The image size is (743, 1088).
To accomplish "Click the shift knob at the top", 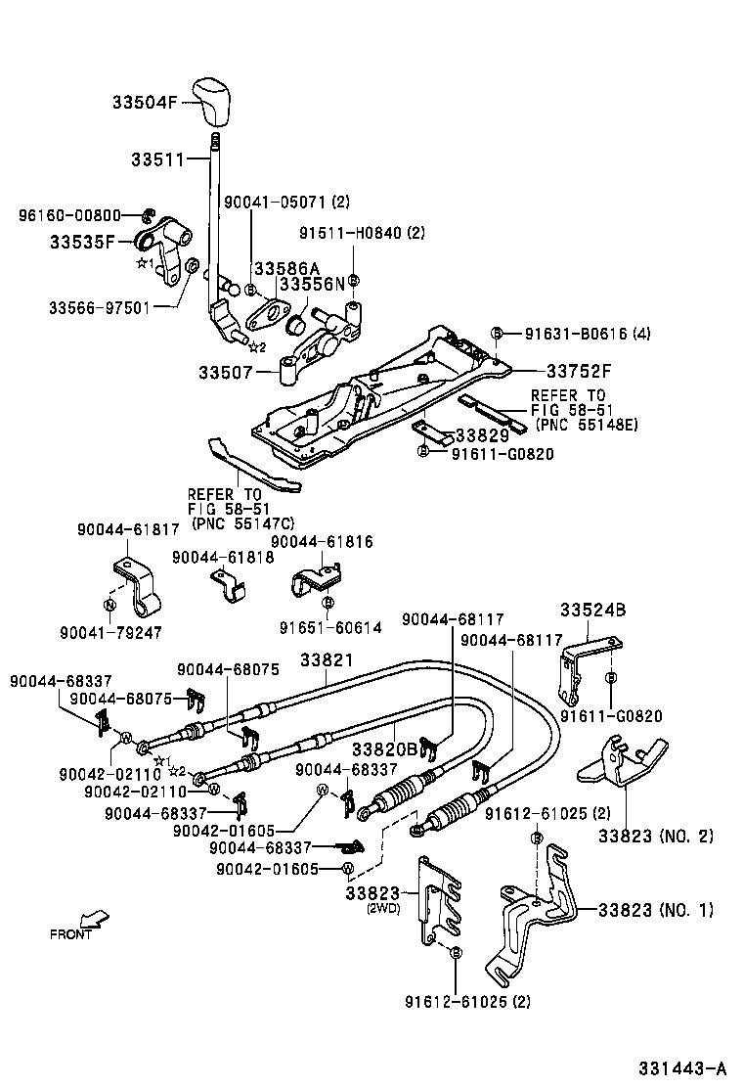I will pyautogui.click(x=216, y=101).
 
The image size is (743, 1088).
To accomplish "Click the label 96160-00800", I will pyautogui.click(x=69, y=215).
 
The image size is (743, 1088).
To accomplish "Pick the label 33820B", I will pyautogui.click(x=384, y=749).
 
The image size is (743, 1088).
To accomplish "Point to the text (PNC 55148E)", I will pyautogui.click(x=583, y=424).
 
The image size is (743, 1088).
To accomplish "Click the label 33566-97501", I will pyautogui.click(x=99, y=307).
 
